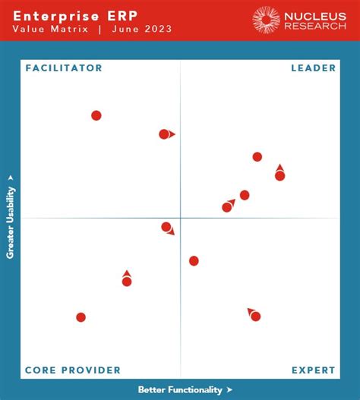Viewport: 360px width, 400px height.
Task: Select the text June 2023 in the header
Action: tap(142, 30)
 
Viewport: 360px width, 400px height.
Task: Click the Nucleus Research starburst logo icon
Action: tap(267, 20)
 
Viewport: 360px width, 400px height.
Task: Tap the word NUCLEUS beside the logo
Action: tap(314, 15)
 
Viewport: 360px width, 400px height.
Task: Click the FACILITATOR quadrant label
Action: tap(64, 68)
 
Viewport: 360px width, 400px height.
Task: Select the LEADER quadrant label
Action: tap(313, 68)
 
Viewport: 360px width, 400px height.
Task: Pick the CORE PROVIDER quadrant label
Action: tap(73, 370)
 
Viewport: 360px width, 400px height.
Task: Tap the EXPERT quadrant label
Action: tap(313, 370)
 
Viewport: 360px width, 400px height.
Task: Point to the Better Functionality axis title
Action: tap(180, 389)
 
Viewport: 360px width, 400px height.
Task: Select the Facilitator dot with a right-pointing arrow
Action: tap(164, 134)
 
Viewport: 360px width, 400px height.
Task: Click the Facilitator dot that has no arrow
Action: tap(96, 115)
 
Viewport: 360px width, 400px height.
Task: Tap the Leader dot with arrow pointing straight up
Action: tap(279, 175)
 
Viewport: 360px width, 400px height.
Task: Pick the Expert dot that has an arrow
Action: tap(255, 316)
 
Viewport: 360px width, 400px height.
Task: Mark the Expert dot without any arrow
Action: tap(194, 261)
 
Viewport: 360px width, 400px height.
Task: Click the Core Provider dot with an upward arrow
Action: tap(127, 282)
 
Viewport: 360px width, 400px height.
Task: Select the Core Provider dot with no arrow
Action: tap(81, 317)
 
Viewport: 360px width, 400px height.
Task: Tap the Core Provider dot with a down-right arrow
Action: tap(166, 226)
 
